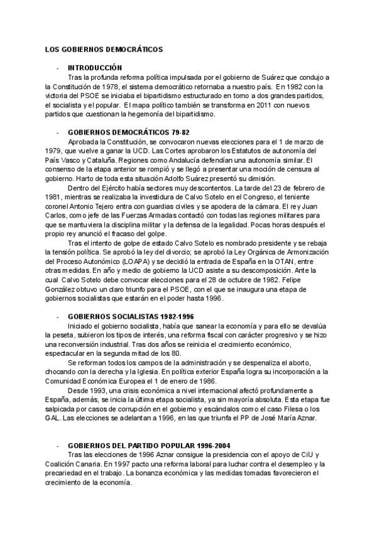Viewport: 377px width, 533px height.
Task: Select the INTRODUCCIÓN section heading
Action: pos(95,67)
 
